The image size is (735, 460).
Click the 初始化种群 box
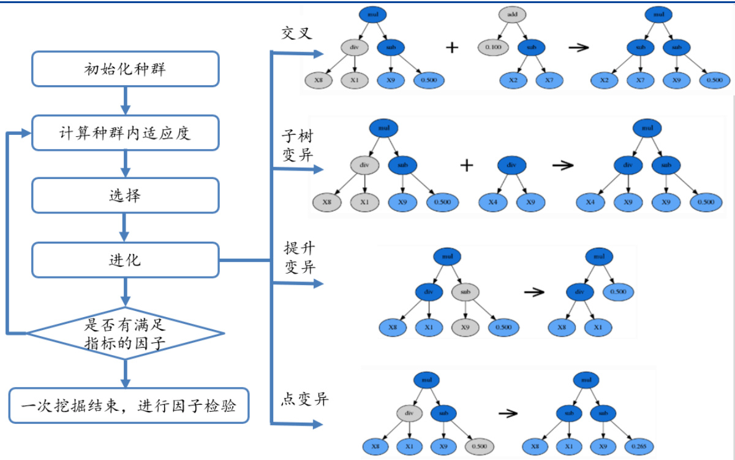point(125,69)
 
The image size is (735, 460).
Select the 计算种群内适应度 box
point(125,132)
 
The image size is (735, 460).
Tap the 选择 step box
point(125,196)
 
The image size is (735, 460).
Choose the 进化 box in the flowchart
point(125,259)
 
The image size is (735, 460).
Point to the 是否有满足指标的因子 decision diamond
point(125,334)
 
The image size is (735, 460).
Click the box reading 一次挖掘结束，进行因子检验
point(129,405)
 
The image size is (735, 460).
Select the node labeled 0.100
point(492,47)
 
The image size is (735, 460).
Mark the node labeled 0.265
point(638,446)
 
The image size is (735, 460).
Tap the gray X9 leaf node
point(465,327)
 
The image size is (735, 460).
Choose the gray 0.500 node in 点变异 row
point(478,446)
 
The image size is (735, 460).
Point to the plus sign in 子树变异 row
point(467,165)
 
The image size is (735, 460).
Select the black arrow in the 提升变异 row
point(534,293)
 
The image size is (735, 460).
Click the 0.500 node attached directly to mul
point(618,292)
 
